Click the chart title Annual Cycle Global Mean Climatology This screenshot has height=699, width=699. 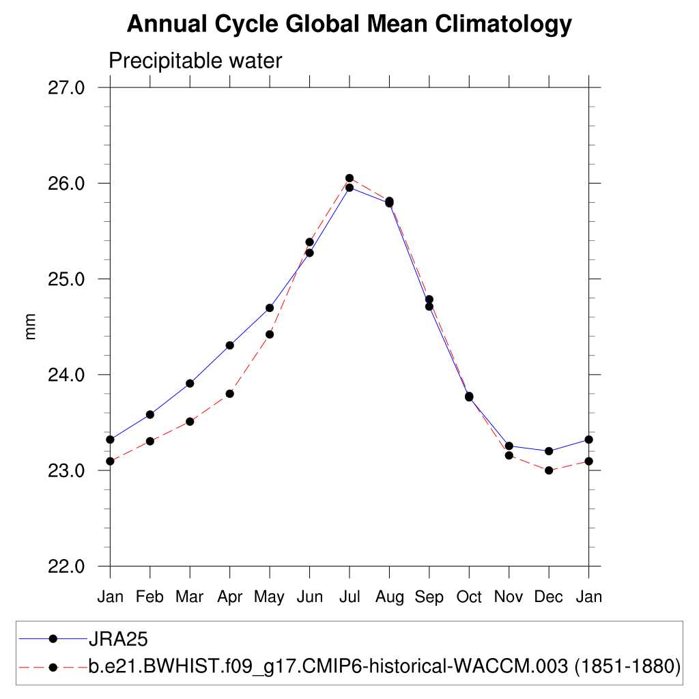point(349,25)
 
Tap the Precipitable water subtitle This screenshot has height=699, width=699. point(195,61)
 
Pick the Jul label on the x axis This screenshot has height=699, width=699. point(349,597)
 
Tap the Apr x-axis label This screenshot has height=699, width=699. point(230,597)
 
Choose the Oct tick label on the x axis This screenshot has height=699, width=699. point(469,597)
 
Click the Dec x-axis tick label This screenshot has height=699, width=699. point(548,597)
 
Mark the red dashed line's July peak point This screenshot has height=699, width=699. point(349,178)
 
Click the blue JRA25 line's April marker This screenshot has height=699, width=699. point(230,345)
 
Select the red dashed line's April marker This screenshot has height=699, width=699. point(230,394)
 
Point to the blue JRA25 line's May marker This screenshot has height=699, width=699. point(270,308)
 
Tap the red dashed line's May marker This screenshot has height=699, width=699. point(270,334)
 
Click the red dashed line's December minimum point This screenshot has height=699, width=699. point(548,470)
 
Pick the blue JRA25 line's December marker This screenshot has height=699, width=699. point(548,451)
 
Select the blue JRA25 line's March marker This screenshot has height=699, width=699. point(190,384)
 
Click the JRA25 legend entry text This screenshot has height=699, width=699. point(118,640)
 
